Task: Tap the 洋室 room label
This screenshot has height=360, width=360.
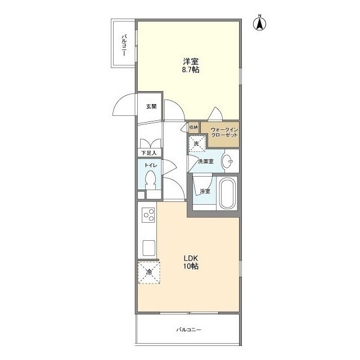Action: (191, 61)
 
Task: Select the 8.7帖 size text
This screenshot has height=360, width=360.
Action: (191, 70)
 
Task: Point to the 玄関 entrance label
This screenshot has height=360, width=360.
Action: (151, 106)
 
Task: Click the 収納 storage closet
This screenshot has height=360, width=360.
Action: (193, 128)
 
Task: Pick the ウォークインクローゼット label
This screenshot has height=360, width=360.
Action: (224, 132)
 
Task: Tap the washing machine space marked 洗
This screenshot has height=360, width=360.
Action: (197, 144)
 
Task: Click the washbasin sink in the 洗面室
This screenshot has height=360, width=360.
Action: (227, 161)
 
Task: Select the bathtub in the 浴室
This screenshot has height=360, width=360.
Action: (227, 193)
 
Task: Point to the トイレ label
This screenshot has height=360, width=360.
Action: (151, 165)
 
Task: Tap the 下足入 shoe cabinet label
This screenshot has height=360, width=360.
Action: (148, 152)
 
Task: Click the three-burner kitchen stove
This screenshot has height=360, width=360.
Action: (148, 215)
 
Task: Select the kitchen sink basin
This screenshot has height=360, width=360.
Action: (148, 248)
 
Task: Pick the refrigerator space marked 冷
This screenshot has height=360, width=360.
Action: (149, 272)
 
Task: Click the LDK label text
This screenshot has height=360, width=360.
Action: (191, 258)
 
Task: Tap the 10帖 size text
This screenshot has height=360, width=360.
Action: (191, 266)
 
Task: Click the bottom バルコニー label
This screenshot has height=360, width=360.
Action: (189, 330)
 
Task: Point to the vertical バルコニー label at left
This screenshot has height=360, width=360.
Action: (124, 45)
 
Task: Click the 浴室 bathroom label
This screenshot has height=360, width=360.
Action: (205, 191)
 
